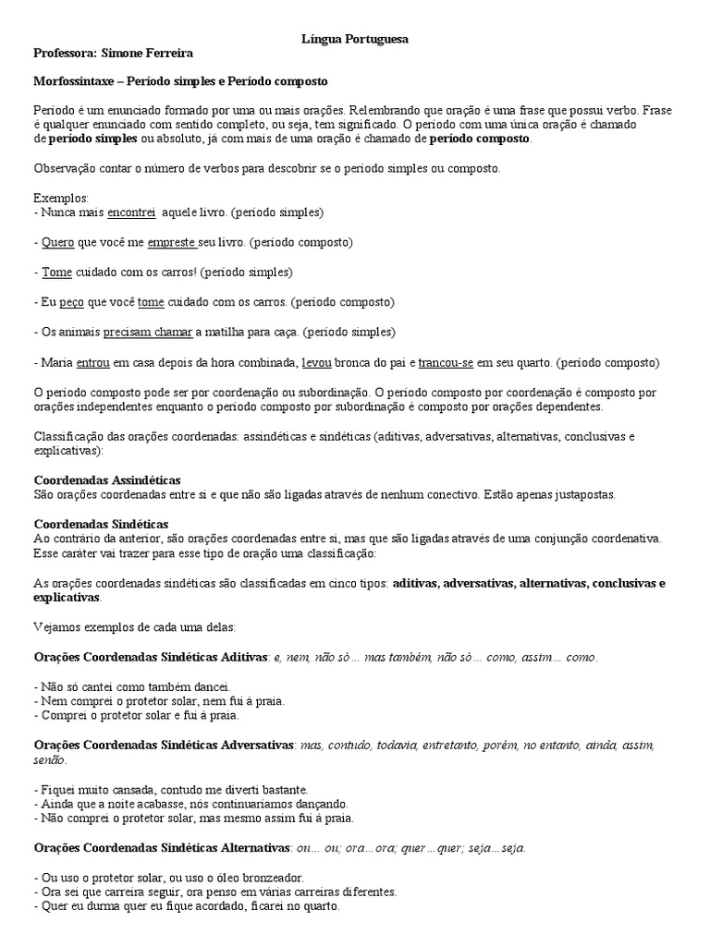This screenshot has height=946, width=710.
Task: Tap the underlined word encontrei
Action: [x=131, y=212]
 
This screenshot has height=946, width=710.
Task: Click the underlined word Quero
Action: [x=57, y=242]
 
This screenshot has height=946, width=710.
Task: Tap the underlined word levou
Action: [x=316, y=362]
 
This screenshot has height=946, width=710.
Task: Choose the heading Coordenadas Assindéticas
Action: [x=107, y=480]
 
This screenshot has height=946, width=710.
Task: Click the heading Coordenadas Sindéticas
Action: [x=101, y=525]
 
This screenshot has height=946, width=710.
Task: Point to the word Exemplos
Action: [x=61, y=198]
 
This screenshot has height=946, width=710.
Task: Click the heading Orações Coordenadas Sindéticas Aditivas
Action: [x=151, y=657]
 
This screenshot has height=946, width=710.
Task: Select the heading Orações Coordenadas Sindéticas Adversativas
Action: [x=165, y=744]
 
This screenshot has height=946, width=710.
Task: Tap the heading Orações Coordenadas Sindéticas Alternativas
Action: [x=162, y=847]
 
